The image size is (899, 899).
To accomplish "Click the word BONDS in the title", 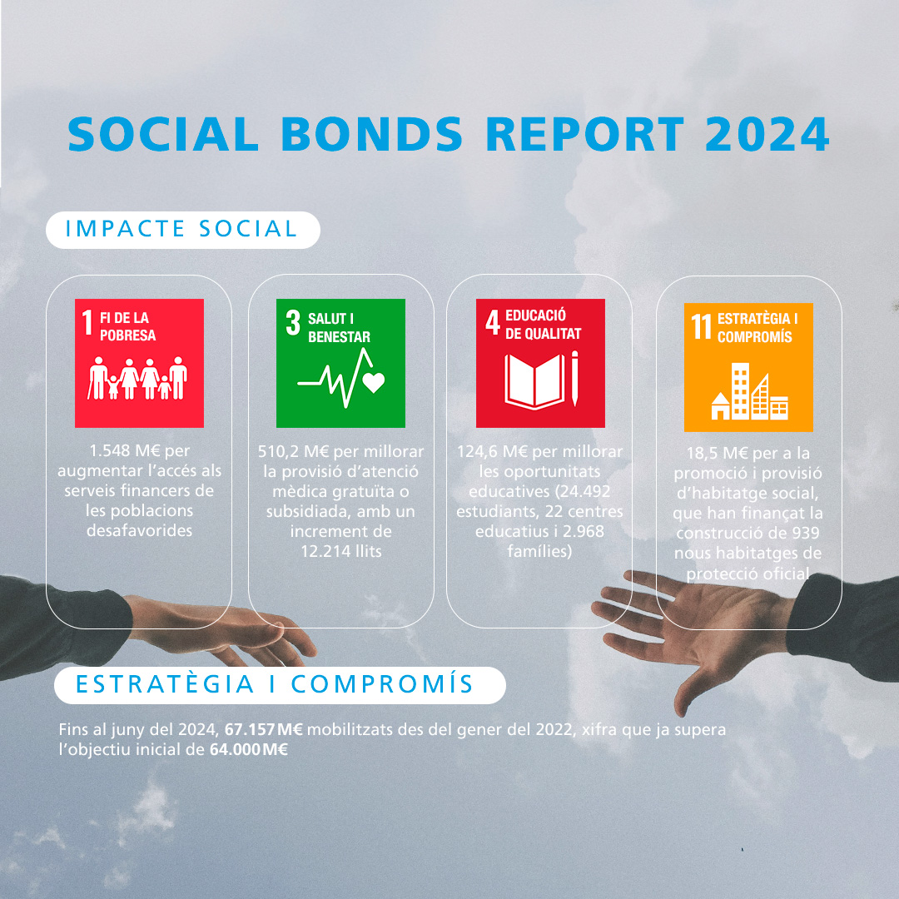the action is [x=371, y=134].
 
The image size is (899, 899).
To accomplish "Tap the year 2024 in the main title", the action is [x=767, y=134].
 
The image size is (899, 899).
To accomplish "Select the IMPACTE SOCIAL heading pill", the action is [x=183, y=230].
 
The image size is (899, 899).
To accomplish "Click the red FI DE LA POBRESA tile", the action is [x=139, y=363].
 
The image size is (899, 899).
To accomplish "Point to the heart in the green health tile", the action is [x=373, y=382].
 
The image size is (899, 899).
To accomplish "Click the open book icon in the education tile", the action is [x=534, y=382].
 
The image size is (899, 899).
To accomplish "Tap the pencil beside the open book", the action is [x=575, y=379].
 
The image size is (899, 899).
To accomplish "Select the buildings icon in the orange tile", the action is [x=750, y=391].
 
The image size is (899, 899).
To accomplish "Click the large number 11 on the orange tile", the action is [x=701, y=327].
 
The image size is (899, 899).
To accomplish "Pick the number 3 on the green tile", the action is [x=293, y=322].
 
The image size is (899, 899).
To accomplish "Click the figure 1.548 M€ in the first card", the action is [x=124, y=450].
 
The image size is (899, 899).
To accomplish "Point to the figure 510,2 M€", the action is [x=294, y=452].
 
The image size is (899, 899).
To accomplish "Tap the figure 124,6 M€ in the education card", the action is [x=493, y=452].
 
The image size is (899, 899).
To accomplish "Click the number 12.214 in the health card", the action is [x=325, y=552].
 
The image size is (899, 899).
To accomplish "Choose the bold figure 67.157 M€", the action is [x=264, y=730].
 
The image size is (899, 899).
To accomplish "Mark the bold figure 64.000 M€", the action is [x=249, y=750].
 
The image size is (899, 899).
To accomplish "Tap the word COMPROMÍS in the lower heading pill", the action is [x=382, y=684].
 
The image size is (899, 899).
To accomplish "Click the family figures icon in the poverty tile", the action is [x=137, y=379].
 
